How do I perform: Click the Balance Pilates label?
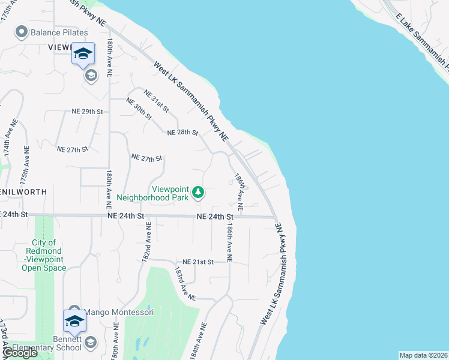pos(59,32)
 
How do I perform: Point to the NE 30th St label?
pos(139,108)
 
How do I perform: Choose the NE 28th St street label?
pos(182,132)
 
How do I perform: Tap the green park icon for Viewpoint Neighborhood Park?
pos(198,193)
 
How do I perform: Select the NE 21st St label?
pos(199,262)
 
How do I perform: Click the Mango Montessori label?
pos(119,312)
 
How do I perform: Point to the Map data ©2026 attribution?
pos(423,355)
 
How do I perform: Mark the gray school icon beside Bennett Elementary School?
pos(91,343)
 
